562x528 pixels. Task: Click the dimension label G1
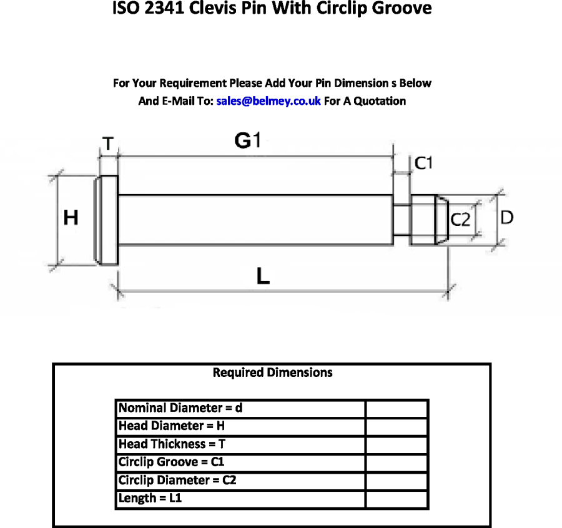coord(247,142)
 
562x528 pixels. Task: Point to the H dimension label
coord(71,218)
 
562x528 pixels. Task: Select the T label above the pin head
coord(108,145)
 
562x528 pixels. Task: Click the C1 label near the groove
coord(424,164)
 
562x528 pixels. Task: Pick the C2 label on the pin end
coord(461,220)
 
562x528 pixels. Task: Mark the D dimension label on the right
coord(507,217)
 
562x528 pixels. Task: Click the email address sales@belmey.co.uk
coord(269,101)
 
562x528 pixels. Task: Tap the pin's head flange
coord(106,219)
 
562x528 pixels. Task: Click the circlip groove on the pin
coord(402,219)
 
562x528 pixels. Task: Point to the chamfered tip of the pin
coord(441,219)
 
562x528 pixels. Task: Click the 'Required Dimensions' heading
coord(272,373)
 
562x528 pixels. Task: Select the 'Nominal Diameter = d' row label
coord(180,409)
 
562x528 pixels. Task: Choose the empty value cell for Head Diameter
coord(397,427)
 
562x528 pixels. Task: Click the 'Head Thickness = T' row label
coord(172,444)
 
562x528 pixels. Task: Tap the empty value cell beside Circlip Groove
coord(397,462)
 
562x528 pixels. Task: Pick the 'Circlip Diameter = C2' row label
coord(177,481)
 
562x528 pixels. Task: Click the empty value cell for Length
coord(397,499)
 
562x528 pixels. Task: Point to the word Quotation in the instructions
coord(380,101)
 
